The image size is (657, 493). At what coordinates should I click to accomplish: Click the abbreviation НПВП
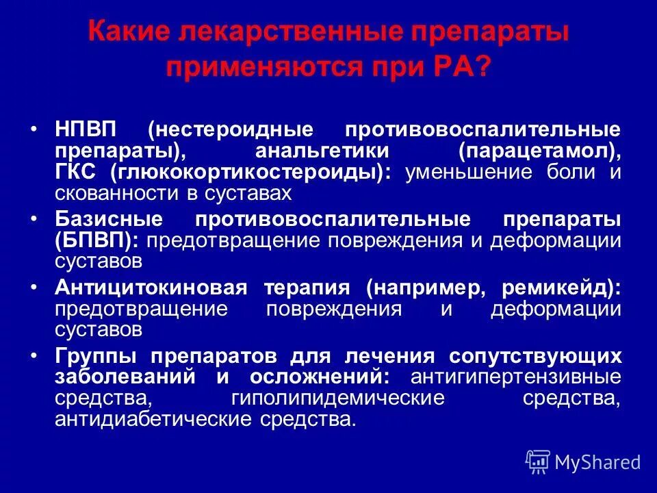[86, 129]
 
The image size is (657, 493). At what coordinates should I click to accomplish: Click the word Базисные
[109, 219]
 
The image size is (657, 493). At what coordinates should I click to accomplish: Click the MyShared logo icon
[538, 462]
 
